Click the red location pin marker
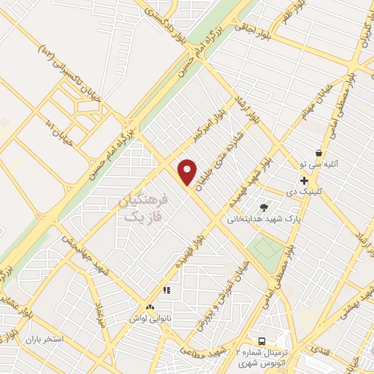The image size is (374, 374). pyautogui.click(x=188, y=172)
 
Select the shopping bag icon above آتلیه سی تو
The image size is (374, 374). pyautogui.click(x=318, y=153)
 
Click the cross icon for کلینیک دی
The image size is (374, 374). pyautogui.click(x=304, y=180)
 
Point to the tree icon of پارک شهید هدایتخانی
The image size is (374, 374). pyautogui.click(x=264, y=207)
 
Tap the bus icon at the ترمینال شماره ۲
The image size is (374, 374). pyautogui.click(x=262, y=342)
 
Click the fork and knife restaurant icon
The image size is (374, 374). pyautogui.click(x=167, y=290)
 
